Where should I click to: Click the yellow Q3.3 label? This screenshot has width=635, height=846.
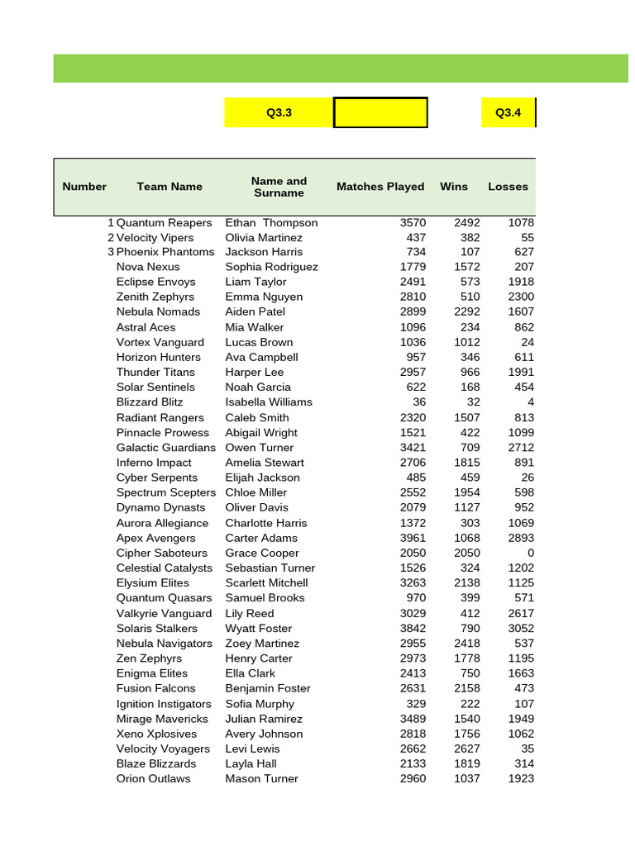[279, 113]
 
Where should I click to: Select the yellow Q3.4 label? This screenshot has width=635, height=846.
[508, 113]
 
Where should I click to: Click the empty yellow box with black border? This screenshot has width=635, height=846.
[380, 113]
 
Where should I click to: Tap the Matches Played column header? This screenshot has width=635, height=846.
[380, 187]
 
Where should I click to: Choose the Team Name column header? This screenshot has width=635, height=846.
[169, 187]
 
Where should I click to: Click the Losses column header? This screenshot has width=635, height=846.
[508, 187]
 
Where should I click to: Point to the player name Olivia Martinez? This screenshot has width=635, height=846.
[264, 238]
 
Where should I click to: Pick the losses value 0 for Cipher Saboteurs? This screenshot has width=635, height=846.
[530, 553]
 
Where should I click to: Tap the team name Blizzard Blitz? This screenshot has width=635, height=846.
[150, 402]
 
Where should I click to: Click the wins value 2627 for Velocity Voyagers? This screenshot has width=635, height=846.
[466, 749]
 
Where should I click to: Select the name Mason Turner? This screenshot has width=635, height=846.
[261, 778]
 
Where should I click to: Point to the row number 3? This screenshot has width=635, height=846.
[111, 252]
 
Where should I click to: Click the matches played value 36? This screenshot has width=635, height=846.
[419, 402]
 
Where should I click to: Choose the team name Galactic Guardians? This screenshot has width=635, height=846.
[166, 448]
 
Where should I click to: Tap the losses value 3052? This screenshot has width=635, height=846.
[521, 628]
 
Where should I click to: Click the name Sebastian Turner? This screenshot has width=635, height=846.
[270, 568]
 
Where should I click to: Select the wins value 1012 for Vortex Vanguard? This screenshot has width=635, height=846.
[466, 342]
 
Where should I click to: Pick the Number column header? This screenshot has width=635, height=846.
[84, 187]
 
